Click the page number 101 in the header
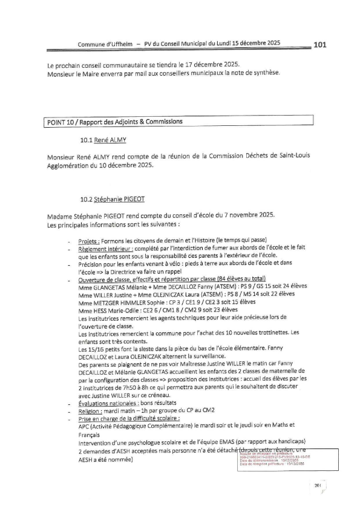(321, 44)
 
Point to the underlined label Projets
(87, 241)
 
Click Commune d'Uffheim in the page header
(105, 44)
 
